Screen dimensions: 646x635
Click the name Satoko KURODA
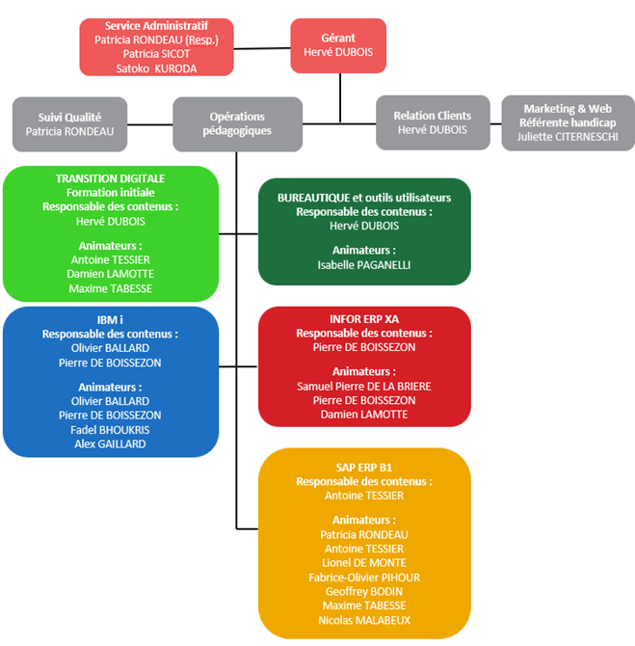coord(156,68)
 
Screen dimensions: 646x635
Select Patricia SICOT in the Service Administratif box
coord(156,54)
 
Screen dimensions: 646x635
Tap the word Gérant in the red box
coord(338,36)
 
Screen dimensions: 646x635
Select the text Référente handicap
coord(568,122)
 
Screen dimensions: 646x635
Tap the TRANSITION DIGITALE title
coord(110,178)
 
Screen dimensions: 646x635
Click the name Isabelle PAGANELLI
coord(363,264)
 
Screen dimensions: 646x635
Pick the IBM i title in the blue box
coord(110,320)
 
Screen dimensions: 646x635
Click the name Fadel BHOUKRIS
coord(110,429)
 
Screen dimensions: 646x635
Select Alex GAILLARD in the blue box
coord(110,444)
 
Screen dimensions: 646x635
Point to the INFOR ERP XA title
coord(363,318)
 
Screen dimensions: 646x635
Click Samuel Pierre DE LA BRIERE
coord(363,386)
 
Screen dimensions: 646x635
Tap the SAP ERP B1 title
coord(363,467)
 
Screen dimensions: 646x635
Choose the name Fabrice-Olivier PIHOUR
coord(363,578)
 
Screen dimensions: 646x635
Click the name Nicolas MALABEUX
coord(363,620)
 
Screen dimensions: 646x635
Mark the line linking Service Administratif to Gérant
coord(262,46)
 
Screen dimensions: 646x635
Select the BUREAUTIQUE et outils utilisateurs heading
coord(363,197)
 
